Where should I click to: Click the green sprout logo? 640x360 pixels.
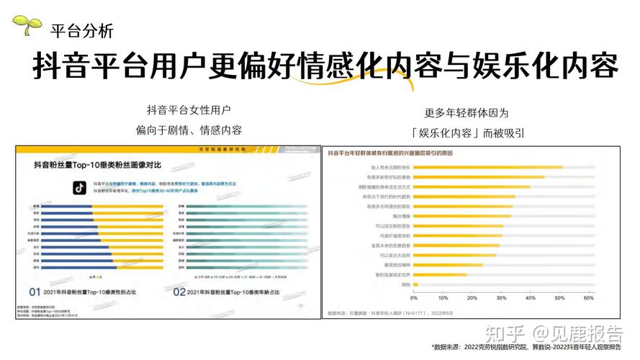coord(27,25)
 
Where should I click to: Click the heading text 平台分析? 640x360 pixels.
coord(81,31)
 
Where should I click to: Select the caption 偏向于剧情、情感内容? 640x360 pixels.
coord(189,130)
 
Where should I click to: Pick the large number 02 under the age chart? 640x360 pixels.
coord(181,292)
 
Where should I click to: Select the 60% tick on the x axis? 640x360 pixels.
coord(587,297)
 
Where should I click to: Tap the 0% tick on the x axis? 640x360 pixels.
coord(413,297)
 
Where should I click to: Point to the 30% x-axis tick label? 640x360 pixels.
coord(500,297)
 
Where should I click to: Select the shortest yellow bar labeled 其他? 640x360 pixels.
coord(415,284)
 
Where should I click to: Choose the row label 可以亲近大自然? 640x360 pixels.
coord(393,255)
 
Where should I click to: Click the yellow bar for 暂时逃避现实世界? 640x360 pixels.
coord(440,274)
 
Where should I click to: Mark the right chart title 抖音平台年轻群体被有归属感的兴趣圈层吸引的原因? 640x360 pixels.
coord(389,153)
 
